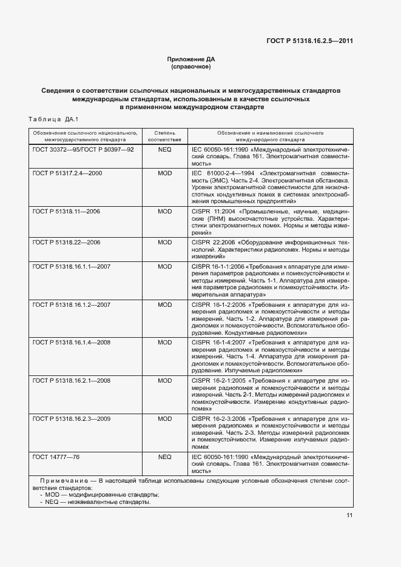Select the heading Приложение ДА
point(191,59)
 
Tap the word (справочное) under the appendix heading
point(191,67)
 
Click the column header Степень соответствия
point(164,135)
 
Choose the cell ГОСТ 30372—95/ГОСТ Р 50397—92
point(83,149)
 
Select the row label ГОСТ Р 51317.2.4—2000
point(67,173)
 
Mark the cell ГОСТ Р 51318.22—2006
point(66,242)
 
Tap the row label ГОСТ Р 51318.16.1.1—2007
point(71,266)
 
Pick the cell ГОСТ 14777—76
point(56,456)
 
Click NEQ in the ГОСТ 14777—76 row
point(164,456)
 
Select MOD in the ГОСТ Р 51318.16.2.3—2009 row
point(164,418)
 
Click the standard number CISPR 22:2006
point(211,242)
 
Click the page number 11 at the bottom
point(349,515)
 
